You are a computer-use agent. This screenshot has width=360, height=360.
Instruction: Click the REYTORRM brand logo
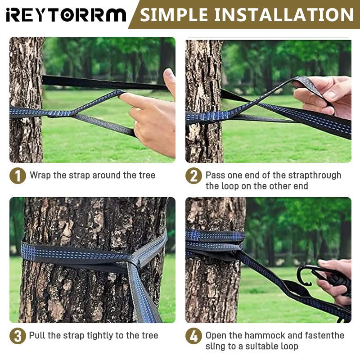pos(66,15)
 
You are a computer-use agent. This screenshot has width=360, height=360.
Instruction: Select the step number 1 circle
pos(18,175)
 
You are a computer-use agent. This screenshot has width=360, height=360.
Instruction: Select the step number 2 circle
pos(193,175)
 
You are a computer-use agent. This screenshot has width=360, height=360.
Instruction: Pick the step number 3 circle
pos(18,336)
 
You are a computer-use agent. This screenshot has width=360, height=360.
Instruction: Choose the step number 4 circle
pos(193,336)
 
